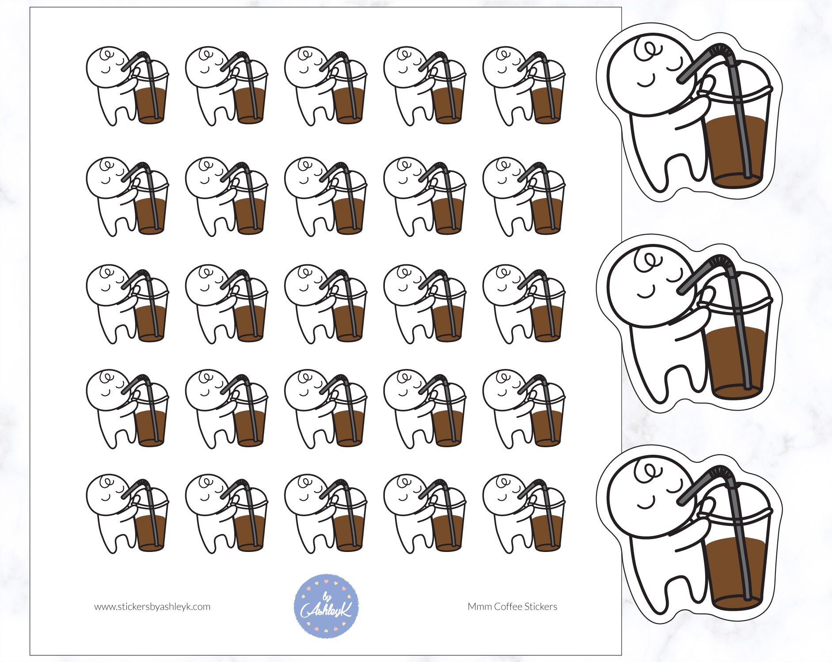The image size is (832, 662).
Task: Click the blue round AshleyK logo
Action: pyautogui.click(x=326, y=606)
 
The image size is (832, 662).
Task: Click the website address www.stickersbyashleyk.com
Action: pyautogui.click(x=152, y=607)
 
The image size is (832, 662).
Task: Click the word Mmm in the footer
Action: pyautogui.click(x=480, y=606)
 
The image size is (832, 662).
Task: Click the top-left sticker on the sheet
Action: pyautogui.click(x=127, y=86)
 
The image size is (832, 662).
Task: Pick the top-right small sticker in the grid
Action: pyautogui.click(x=524, y=86)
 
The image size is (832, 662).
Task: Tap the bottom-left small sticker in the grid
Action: pyautogui.click(x=127, y=514)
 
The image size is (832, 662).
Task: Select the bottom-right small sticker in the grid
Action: pyautogui.click(x=524, y=514)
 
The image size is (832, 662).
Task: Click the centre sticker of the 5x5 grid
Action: pyautogui.click(x=326, y=304)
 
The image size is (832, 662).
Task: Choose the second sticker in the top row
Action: pyautogui.click(x=227, y=86)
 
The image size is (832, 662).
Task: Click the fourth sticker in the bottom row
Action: pyautogui.click(x=425, y=514)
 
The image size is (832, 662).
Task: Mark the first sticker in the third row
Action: pyautogui.click(x=127, y=304)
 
